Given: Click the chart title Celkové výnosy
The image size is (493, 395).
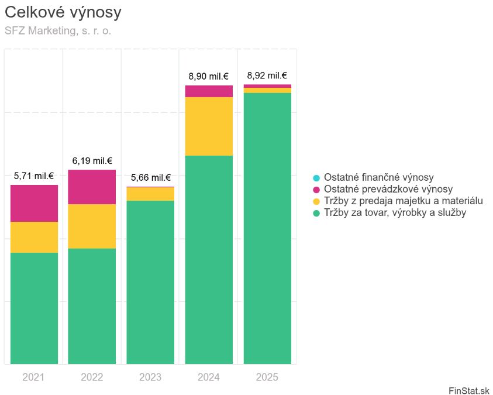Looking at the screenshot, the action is tap(63, 12).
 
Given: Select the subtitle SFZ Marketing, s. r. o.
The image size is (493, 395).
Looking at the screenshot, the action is tap(58, 31).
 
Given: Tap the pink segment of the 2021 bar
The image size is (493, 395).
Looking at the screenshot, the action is tap(35, 204).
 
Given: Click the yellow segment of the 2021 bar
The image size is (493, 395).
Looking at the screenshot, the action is tap(35, 238).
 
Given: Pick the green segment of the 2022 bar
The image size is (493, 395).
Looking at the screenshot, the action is tap(92, 306).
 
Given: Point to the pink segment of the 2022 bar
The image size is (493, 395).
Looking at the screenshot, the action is tap(92, 187).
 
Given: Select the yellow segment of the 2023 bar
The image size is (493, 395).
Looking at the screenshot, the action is tap(150, 194).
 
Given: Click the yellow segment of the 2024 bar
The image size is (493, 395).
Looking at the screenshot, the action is tap(209, 126).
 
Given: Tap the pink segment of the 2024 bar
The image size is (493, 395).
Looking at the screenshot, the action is tap(209, 91).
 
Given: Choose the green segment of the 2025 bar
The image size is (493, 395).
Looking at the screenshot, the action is tap(267, 229).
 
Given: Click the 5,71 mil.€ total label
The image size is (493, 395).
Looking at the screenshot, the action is tap(34, 176).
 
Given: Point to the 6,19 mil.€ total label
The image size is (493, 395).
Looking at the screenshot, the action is tap(92, 161).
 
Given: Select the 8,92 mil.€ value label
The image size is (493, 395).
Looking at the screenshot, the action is tap(267, 75).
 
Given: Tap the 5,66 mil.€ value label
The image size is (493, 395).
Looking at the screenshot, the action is tap(151, 178).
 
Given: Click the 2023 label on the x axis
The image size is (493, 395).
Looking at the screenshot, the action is tap(150, 377).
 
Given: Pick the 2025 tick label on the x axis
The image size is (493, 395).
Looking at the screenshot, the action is tap(267, 377).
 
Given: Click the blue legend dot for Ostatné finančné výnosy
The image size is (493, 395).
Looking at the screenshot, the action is tap(316, 178).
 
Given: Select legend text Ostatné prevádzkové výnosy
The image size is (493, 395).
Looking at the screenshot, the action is tap(388, 189).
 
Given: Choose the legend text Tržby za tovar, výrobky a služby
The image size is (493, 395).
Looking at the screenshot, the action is tap(395, 212).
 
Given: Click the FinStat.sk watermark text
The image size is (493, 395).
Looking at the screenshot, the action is tap(469, 390).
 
